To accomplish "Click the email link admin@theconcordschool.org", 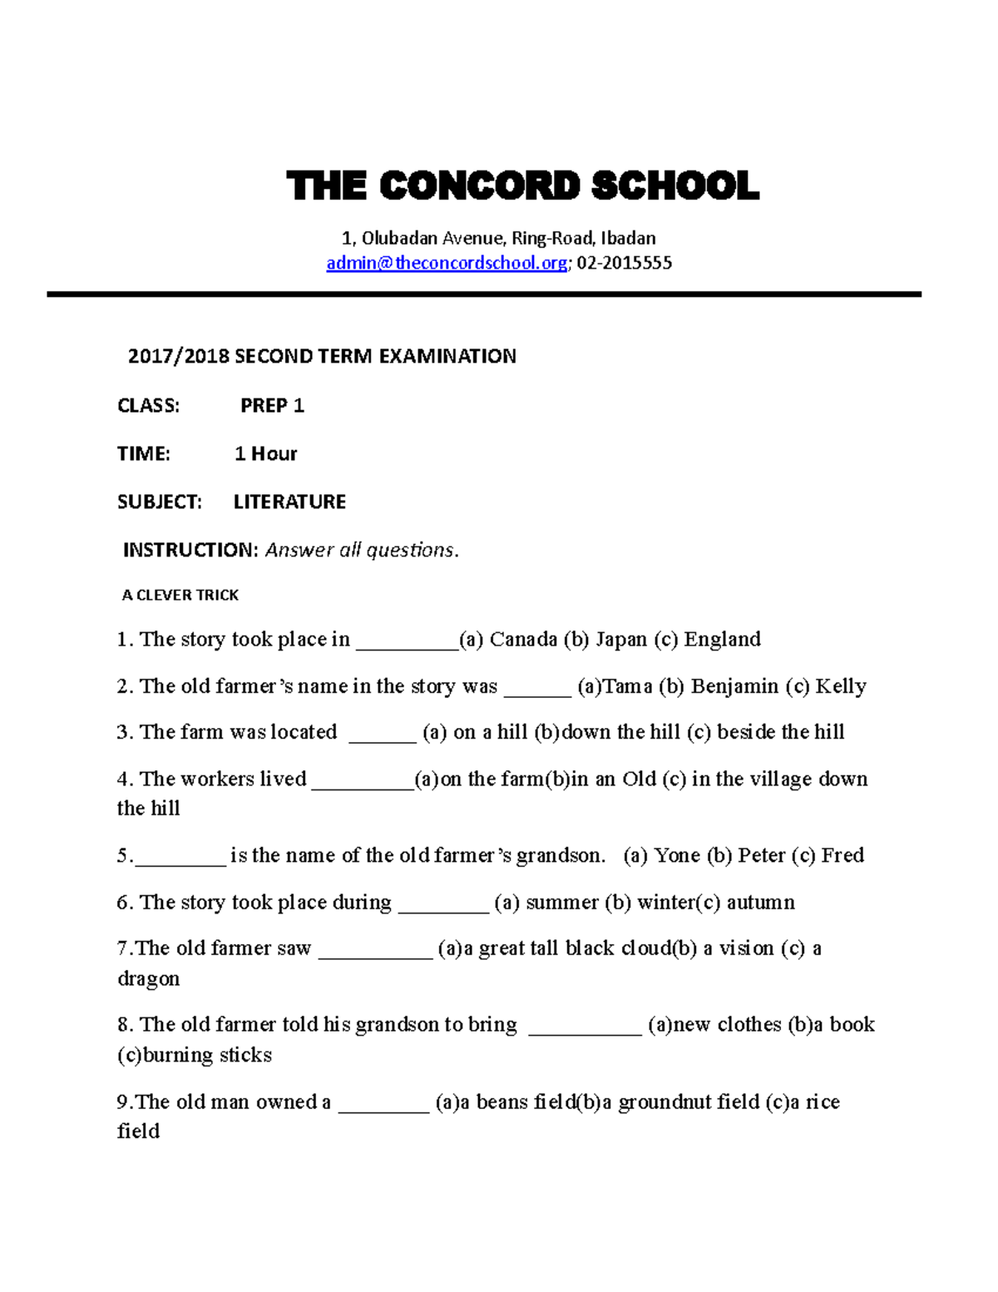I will (447, 264).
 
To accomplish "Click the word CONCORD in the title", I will (479, 186).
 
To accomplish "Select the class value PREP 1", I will (272, 406).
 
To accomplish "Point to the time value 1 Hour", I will (265, 454).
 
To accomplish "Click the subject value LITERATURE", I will (289, 502).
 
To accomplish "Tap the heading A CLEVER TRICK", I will (180, 595).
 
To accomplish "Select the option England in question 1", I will (722, 640).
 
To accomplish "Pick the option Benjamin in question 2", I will (734, 686).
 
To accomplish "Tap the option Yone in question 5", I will (676, 855).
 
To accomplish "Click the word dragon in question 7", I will (148, 979).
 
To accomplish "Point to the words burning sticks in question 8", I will (207, 1055).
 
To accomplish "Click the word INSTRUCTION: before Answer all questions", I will (190, 551).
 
